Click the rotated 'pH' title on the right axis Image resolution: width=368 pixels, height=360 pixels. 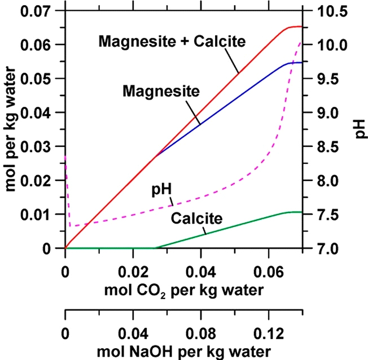pos(360,129)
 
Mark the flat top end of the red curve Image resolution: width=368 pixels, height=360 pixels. pos(300,27)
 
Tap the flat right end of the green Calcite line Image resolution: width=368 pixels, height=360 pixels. pos(300,212)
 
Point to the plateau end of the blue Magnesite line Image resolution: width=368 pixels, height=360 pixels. pos(300,62)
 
